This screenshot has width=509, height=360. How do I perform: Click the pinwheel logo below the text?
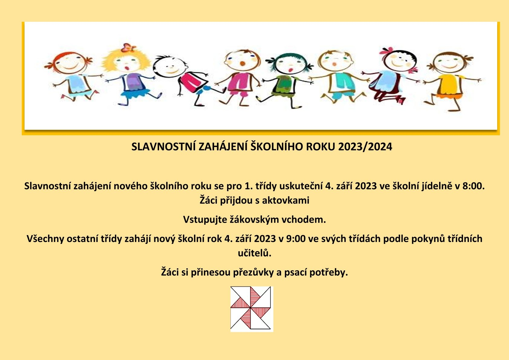[x=252, y=309]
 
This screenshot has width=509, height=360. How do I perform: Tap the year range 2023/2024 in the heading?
[x=365, y=147]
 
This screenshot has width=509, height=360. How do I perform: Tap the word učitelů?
[x=255, y=253]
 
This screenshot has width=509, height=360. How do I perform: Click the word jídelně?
[x=437, y=186]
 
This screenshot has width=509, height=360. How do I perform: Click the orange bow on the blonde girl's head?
[x=128, y=48]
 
